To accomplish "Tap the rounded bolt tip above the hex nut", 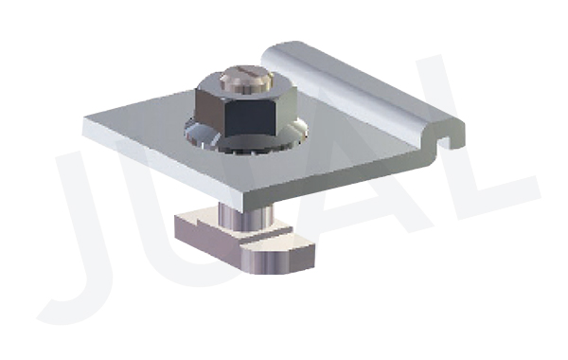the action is (245, 78).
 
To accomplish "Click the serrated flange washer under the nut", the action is (246, 139).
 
